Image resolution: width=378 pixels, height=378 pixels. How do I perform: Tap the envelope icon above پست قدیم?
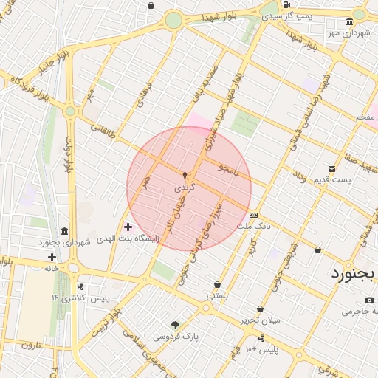pos(332,168)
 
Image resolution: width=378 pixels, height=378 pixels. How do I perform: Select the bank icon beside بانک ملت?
pos(254,215)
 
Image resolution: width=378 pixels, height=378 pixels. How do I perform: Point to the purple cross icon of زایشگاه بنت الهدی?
pos(128,226)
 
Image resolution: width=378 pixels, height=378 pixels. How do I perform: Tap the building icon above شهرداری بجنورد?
pos(64,231)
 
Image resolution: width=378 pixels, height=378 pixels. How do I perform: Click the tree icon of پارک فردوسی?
pos(175,325)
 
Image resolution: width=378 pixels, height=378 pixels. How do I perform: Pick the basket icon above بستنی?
pos(217,284)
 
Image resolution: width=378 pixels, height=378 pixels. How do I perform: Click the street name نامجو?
pos(230,169)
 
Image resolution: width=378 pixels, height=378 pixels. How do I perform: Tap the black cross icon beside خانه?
pos(52,257)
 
